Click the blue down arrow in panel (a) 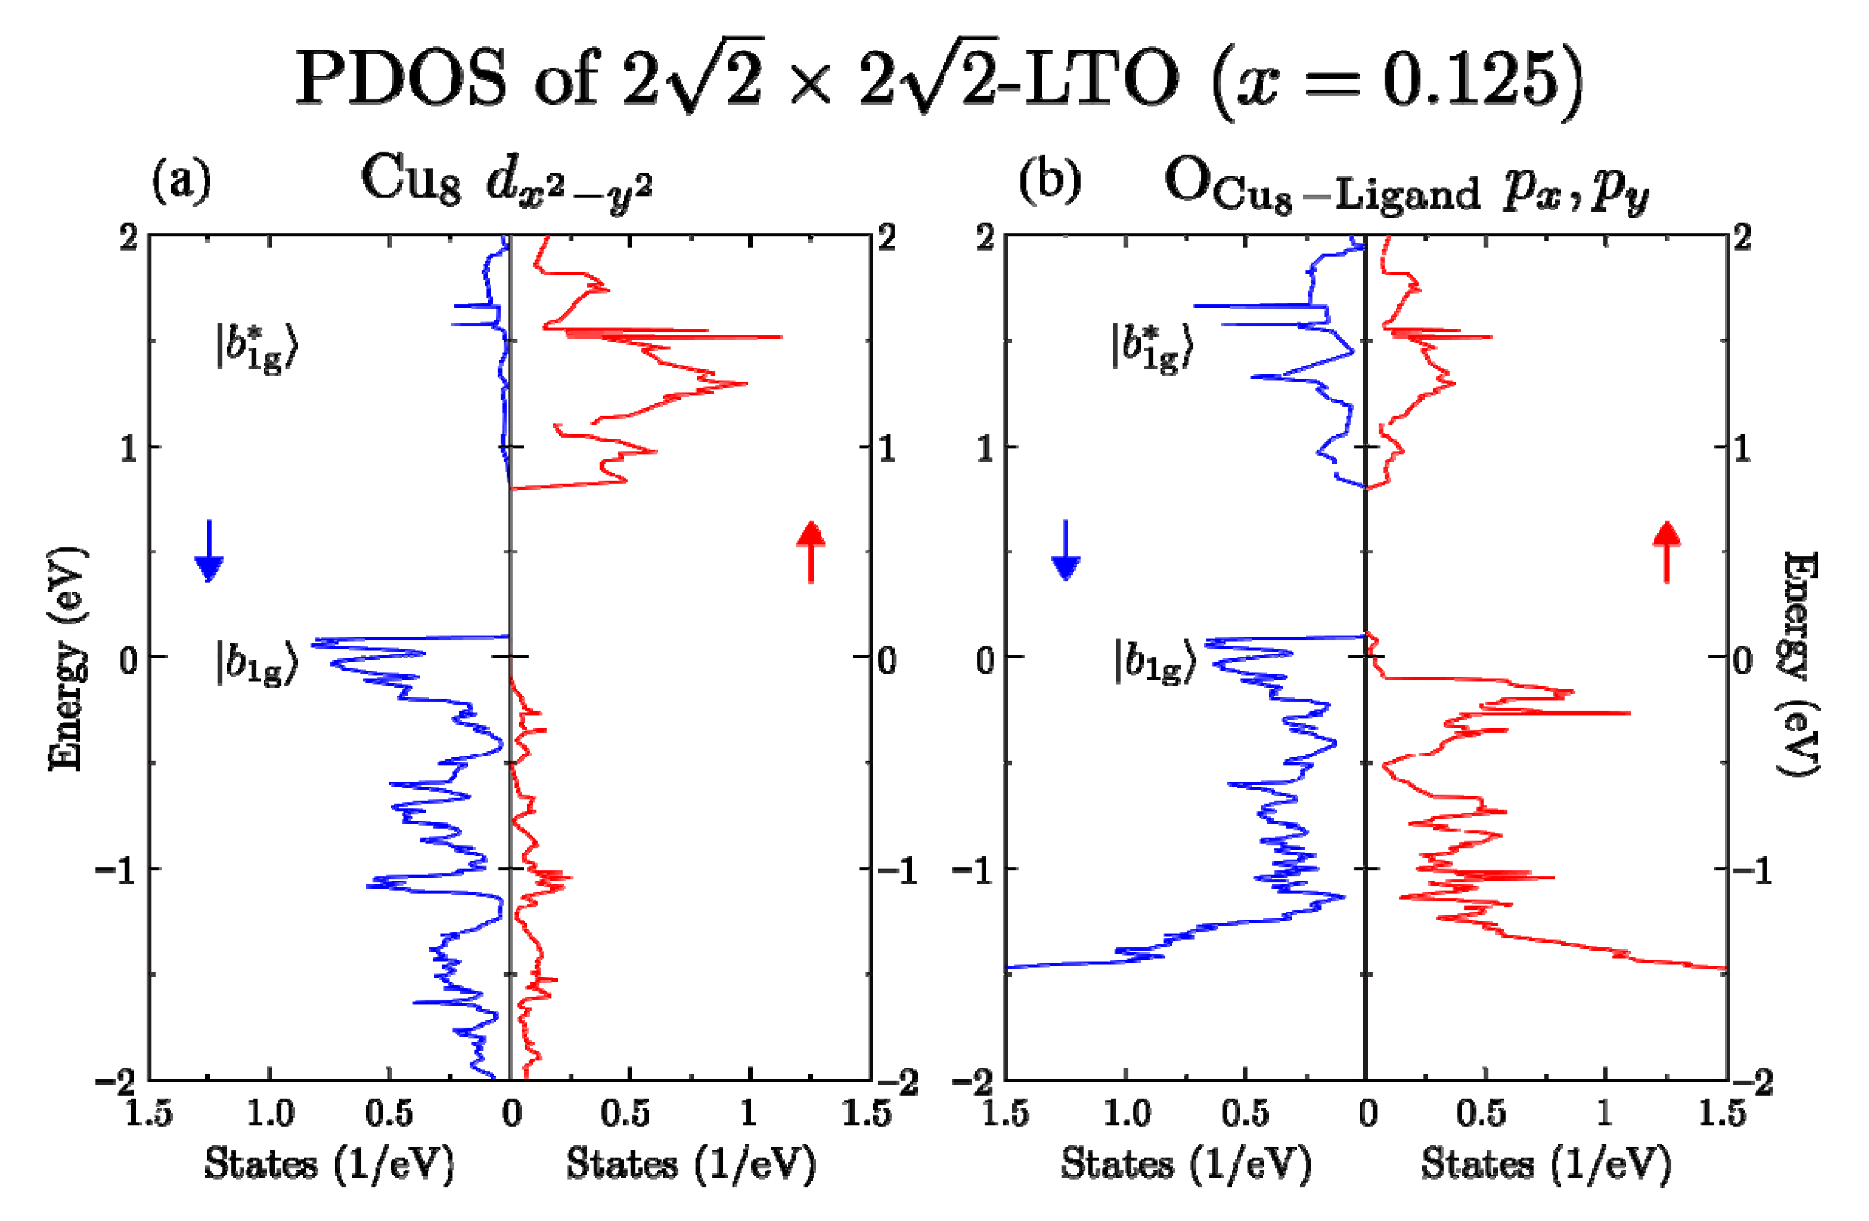point(209,551)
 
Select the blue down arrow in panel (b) point(1065,551)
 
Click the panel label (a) point(181,180)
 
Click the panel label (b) point(1049,180)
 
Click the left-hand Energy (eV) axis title point(66,658)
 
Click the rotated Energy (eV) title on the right point(1800,663)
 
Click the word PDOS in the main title point(401,79)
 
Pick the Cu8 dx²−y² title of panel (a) point(506,182)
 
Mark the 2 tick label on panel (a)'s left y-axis point(129,237)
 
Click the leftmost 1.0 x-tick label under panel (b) point(1127,1113)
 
